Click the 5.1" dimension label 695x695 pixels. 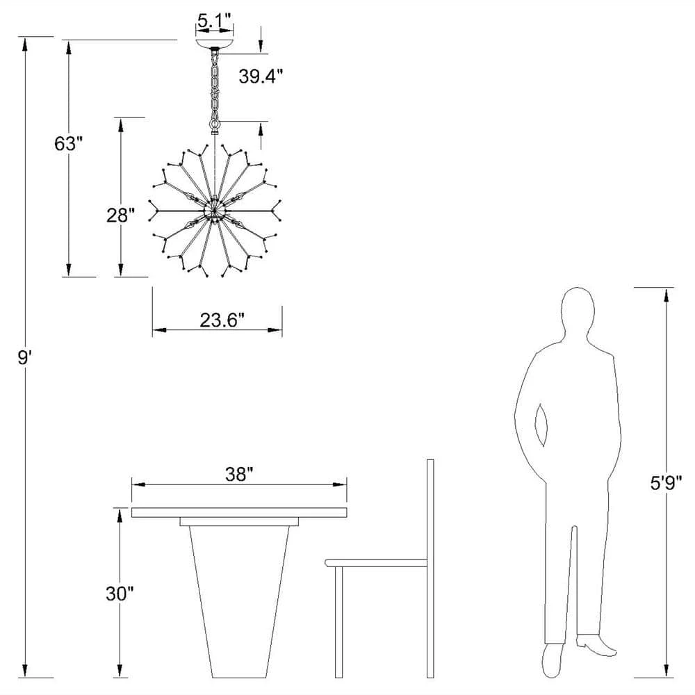214,20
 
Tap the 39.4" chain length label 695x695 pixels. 261,76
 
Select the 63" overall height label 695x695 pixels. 69,143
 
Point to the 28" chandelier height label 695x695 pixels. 120,215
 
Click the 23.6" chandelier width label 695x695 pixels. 222,320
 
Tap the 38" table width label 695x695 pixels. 239,474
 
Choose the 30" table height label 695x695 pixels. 120,594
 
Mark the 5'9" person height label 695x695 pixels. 666,483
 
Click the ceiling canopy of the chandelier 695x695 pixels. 215,44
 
